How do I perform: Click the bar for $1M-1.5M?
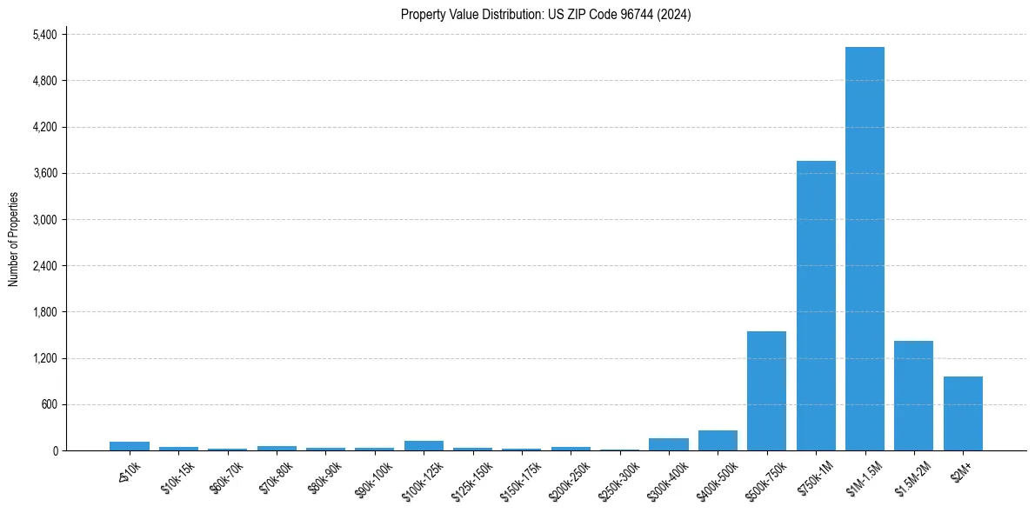[865, 249]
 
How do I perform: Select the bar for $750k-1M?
[816, 305]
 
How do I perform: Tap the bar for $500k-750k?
[766, 390]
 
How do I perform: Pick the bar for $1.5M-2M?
[913, 396]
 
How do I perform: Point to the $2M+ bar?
[963, 413]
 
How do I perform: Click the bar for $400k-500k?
[718, 440]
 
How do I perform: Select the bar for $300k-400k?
[669, 444]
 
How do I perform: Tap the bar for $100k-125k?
[424, 445]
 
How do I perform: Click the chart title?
[545, 14]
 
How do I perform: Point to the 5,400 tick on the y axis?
[43, 35]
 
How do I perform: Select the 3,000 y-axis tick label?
[43, 219]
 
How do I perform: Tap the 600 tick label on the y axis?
[49, 404]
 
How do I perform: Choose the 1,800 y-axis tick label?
[43, 312]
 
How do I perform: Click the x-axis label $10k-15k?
[177, 477]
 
